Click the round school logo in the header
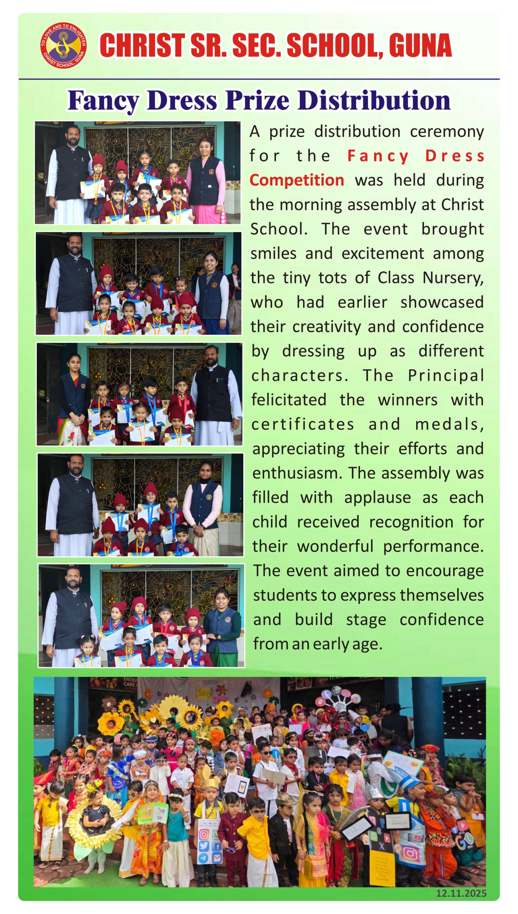click(63, 45)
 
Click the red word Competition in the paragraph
click(297, 180)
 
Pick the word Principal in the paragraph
click(446, 375)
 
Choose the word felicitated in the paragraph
click(289, 400)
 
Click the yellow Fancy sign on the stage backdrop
click(204, 693)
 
